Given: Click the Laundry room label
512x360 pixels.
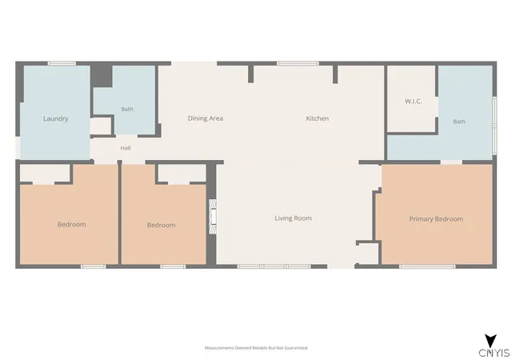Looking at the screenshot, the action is [x=55, y=118].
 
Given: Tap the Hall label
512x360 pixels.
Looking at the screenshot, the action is [x=126, y=148].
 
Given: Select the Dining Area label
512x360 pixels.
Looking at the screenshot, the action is [x=206, y=118].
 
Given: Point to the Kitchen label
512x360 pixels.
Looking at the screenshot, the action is [x=318, y=118].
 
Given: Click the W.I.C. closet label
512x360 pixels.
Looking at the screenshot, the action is [x=414, y=102].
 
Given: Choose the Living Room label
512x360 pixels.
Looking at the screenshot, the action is [x=294, y=218].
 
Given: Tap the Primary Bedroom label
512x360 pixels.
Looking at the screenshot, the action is [x=436, y=219].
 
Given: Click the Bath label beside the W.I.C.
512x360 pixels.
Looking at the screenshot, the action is [x=459, y=122].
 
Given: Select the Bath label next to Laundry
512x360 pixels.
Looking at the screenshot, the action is [x=127, y=109].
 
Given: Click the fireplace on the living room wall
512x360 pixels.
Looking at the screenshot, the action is [x=213, y=217].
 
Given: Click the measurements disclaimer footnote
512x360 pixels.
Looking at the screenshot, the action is [x=256, y=348].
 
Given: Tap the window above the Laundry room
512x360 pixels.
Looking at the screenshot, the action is [x=62, y=63].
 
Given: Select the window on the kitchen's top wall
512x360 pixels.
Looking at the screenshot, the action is [x=298, y=63].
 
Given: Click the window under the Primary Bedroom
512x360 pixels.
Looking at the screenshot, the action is [x=427, y=266].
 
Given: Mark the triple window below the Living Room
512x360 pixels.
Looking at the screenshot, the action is [x=274, y=266].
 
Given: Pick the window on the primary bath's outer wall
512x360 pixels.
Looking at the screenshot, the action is [x=494, y=126].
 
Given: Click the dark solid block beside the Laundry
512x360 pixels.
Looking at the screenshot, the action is [x=102, y=76].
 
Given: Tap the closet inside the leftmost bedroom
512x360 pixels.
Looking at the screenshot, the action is [x=45, y=174].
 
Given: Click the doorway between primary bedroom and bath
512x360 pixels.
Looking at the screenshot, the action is [x=451, y=162].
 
